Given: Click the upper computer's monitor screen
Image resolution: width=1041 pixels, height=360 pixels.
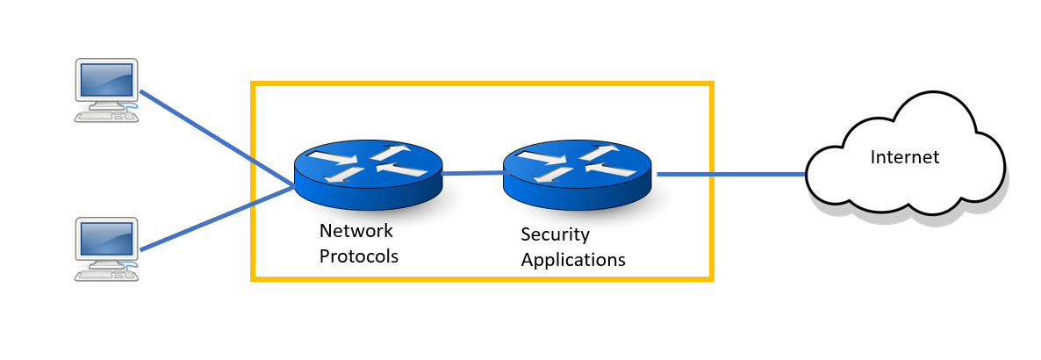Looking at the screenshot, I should tap(106, 81).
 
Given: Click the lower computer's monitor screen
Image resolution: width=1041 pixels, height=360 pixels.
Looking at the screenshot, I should tap(106, 241).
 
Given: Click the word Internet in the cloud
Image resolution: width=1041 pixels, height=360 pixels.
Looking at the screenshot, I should tap(904, 158).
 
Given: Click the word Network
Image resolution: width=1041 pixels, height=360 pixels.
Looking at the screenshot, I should tap(355, 232).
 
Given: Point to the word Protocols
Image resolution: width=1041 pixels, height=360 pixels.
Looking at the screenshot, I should tap(358, 257).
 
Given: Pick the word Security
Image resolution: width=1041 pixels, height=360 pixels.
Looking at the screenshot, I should tap(555, 234).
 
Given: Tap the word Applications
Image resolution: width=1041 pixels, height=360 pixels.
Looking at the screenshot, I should tap(572, 260).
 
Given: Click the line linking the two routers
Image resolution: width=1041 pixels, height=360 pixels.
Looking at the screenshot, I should tap(473, 174).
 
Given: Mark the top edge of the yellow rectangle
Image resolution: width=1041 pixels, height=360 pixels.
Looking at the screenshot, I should tap(482, 84).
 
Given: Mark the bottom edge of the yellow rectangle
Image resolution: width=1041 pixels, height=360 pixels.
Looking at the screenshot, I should tap(482, 279).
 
